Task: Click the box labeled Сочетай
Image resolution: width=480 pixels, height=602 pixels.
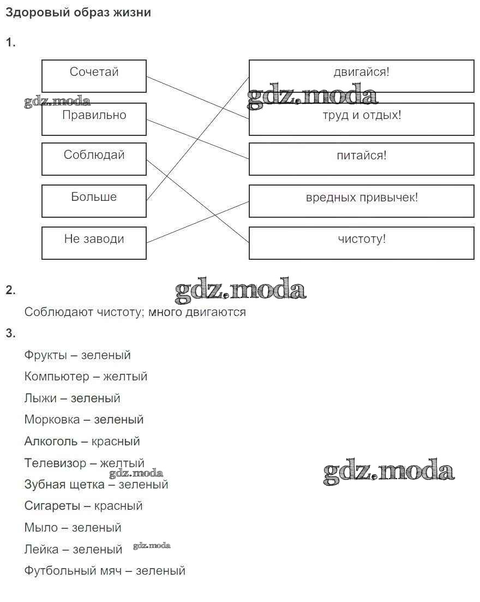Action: tap(94, 76)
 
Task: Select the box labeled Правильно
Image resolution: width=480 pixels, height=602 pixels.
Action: tap(94, 118)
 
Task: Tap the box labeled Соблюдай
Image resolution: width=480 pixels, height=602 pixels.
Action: tap(94, 159)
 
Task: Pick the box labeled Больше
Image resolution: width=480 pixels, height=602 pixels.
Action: tap(94, 201)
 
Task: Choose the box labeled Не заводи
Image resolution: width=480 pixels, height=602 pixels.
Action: tap(94, 243)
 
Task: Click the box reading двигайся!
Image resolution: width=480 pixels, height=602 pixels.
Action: tap(361, 76)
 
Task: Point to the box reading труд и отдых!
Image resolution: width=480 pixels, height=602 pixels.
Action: tap(361, 118)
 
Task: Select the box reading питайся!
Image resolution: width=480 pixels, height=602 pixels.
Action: tap(361, 159)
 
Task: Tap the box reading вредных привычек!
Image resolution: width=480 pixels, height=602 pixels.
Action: tap(361, 201)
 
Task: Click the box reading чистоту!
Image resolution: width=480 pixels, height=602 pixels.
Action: tap(361, 243)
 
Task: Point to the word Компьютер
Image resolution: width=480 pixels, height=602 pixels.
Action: tap(56, 377)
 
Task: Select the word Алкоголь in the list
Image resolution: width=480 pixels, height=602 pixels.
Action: tap(51, 441)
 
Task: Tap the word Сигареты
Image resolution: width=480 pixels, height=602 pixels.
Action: tap(52, 506)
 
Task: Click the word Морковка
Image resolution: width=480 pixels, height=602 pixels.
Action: tap(52, 420)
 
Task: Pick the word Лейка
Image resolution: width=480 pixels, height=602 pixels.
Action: tap(41, 549)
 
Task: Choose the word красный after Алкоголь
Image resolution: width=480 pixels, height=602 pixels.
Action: tap(116, 441)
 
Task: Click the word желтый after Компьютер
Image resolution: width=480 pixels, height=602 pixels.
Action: tap(125, 377)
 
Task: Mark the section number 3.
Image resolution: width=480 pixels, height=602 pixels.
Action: tap(10, 333)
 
